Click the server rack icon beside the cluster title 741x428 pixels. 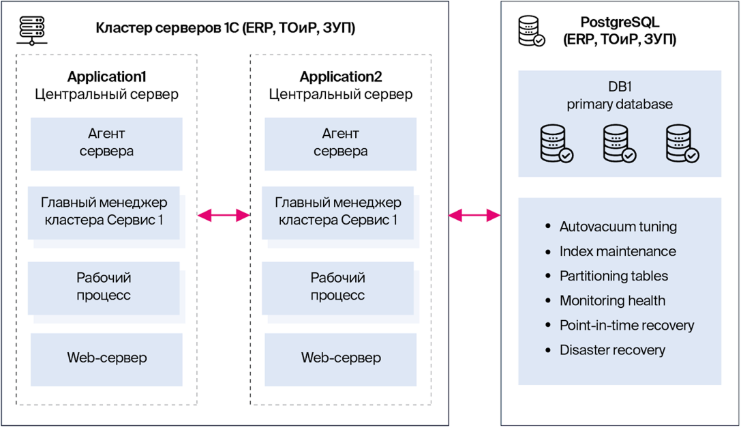[x=32, y=30]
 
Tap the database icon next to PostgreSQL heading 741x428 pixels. [x=532, y=31]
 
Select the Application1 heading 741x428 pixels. [x=107, y=76]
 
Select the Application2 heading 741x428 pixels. [x=341, y=76]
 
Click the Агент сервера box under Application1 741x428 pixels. [x=106, y=144]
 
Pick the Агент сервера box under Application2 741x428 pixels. [x=340, y=144]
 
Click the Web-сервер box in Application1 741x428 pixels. [x=106, y=359]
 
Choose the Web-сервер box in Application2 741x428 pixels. [x=340, y=359]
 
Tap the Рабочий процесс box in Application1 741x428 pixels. [x=104, y=288]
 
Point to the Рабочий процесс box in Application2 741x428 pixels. [x=338, y=288]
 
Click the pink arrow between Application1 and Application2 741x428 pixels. [x=224, y=216]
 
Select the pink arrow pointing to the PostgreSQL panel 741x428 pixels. [x=474, y=216]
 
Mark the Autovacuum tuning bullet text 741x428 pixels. [x=618, y=227]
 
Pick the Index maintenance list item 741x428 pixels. [x=618, y=251]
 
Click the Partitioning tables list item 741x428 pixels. [x=614, y=276]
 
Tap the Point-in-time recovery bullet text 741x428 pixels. [x=626, y=325]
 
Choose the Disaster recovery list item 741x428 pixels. [x=612, y=350]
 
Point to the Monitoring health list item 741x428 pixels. [x=612, y=300]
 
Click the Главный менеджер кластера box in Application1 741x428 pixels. [x=104, y=213]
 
